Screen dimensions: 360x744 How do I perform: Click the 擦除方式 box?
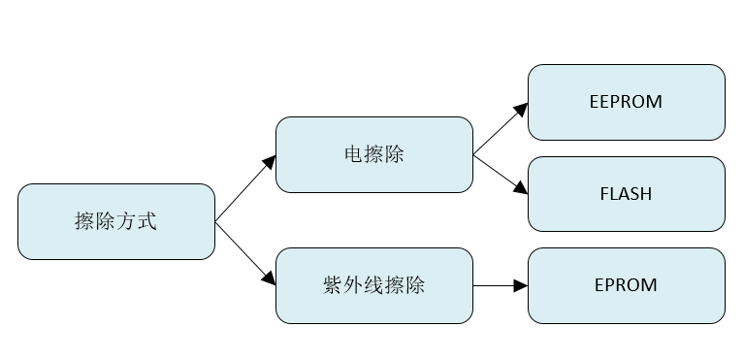[x=116, y=221]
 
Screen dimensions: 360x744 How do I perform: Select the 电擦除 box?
[x=373, y=154]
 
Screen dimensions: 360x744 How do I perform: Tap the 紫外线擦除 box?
[x=373, y=286]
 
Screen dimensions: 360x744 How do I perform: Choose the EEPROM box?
[x=626, y=102]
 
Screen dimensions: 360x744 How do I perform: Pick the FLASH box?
[x=626, y=193]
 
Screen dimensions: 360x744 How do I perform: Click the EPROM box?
[x=626, y=285]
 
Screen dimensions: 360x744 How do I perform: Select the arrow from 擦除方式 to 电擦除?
[x=244, y=188]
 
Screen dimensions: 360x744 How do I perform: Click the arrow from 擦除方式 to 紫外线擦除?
[x=244, y=254]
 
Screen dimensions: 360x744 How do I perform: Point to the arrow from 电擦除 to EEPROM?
[x=500, y=128]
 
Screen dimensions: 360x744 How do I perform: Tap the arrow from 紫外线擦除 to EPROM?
[x=500, y=286]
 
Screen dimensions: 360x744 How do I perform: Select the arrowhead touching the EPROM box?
[x=522, y=286]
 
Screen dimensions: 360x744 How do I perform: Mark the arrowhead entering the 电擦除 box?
[x=270, y=160]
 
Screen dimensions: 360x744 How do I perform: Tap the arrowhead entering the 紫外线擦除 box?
[x=270, y=280]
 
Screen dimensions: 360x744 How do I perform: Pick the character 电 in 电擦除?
[x=352, y=154]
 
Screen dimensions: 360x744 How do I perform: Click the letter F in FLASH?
[x=604, y=193]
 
